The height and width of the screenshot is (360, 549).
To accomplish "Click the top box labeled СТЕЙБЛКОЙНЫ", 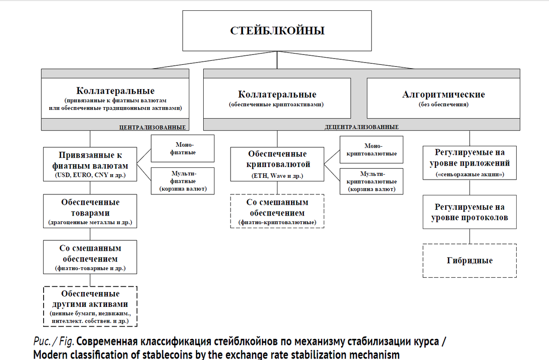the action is [277, 31].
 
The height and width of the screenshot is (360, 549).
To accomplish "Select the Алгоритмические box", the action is [443, 99].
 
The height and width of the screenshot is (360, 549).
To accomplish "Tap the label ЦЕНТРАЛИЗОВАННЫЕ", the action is [152, 127].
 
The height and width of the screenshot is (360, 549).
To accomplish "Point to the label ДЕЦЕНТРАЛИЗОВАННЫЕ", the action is [362, 127].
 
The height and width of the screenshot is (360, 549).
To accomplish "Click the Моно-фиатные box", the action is [183, 148].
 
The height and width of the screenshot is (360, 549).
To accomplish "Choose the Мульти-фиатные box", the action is [183, 181].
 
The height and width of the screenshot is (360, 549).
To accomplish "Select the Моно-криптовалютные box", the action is [371, 149].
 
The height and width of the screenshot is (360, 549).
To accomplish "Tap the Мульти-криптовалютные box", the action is [371, 181].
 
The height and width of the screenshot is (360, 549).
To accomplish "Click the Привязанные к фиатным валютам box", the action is [90, 164].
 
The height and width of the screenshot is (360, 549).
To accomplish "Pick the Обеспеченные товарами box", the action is [90, 211].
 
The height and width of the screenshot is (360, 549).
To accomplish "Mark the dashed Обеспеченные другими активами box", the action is [90, 306].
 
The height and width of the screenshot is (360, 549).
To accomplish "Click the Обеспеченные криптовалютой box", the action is [277, 164].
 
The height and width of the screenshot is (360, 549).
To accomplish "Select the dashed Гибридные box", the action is [469, 261].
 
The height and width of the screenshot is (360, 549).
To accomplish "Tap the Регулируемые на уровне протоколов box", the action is [469, 212].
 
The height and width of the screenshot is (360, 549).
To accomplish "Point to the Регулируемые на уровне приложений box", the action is [469, 163].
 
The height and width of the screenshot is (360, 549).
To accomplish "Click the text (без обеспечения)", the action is [444, 104].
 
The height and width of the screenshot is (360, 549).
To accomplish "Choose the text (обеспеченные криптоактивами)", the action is [276, 104].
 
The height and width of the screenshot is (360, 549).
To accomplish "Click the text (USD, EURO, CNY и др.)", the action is [90, 175].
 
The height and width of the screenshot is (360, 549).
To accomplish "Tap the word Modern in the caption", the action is [50, 355].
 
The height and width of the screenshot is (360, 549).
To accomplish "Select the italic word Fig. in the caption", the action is [66, 342].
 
